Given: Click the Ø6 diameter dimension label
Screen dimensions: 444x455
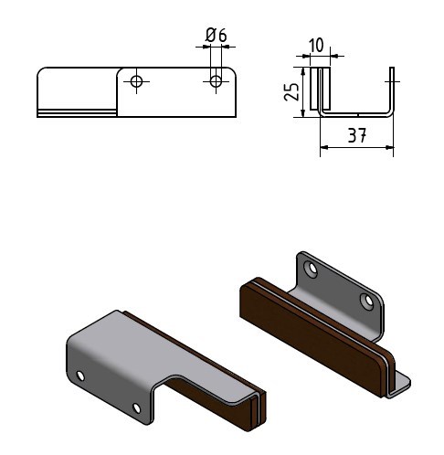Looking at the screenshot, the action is [x=216, y=36].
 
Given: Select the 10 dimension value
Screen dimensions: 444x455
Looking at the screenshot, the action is [x=316, y=46].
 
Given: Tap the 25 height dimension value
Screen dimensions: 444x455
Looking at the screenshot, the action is [x=291, y=91].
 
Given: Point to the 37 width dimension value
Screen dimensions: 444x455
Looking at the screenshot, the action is [x=357, y=135].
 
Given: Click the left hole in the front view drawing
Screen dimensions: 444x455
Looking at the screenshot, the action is [x=136, y=81].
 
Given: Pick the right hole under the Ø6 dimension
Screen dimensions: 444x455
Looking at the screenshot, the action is [x=216, y=81].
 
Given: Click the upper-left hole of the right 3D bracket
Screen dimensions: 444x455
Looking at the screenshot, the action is [x=312, y=270].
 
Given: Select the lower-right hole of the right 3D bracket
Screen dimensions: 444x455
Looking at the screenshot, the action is [x=367, y=301].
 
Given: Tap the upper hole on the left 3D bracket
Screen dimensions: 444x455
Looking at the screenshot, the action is [x=80, y=376].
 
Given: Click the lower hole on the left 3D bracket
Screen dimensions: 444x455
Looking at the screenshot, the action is [x=137, y=408].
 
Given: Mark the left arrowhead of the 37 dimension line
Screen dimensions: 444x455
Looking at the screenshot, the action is [x=324, y=147].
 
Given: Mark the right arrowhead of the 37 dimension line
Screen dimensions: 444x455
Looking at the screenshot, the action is [x=390, y=147].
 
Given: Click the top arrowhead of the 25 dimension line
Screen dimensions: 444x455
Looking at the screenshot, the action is [x=302, y=71].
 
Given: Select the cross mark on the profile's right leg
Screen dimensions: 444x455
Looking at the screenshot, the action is [x=392, y=81].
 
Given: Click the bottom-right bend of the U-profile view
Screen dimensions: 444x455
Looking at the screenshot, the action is [x=390, y=112].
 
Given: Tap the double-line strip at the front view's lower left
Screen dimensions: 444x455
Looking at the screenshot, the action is [x=77, y=113].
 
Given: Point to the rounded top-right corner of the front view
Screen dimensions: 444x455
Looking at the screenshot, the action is [x=232, y=71].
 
